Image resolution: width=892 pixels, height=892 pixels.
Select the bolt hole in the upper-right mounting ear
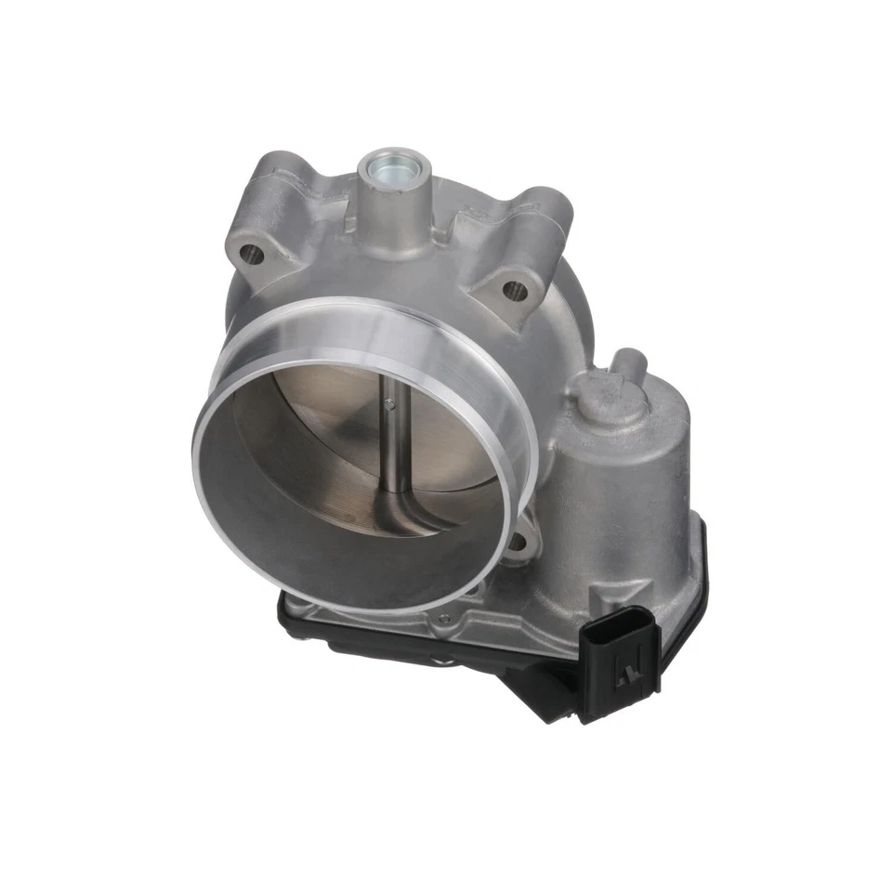pos(514,290)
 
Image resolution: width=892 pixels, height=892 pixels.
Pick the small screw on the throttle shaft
pos(391,403)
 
